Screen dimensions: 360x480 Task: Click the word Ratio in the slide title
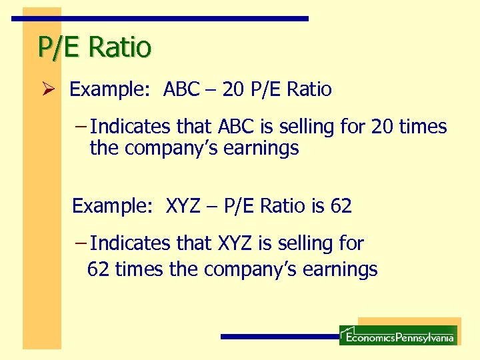120,47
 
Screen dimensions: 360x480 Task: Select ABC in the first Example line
181,89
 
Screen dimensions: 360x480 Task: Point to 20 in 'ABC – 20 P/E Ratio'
233,89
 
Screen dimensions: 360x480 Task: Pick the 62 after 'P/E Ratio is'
341,206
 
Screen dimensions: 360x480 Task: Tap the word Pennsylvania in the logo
424,338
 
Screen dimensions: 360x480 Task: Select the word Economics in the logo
369,338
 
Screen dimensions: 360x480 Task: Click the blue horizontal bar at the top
160,19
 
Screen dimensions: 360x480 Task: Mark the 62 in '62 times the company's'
99,269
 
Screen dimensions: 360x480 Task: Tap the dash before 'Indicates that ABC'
81,127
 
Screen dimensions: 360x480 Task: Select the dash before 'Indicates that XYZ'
81,243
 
